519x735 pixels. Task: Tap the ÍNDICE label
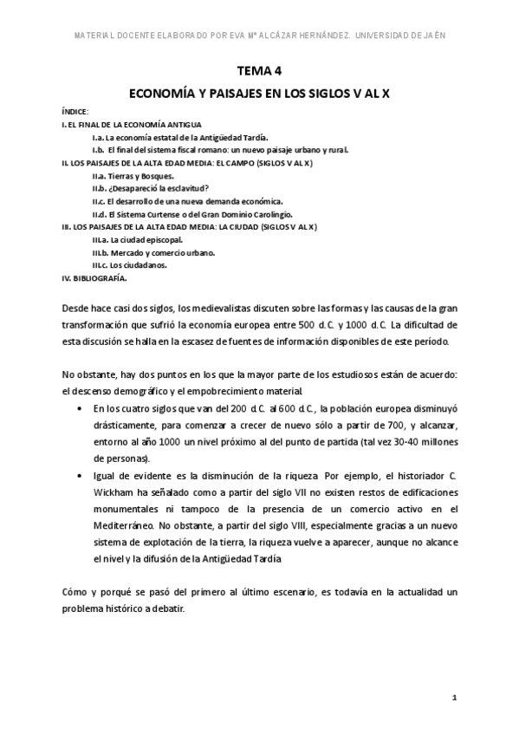pyautogui.click(x=75, y=113)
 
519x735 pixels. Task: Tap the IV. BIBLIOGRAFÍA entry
pyautogui.click(x=94, y=278)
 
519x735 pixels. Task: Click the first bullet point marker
pyautogui.click(x=81, y=407)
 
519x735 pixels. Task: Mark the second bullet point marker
pyautogui.click(x=81, y=476)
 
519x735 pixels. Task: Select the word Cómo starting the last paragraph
pyautogui.click(x=75, y=591)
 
